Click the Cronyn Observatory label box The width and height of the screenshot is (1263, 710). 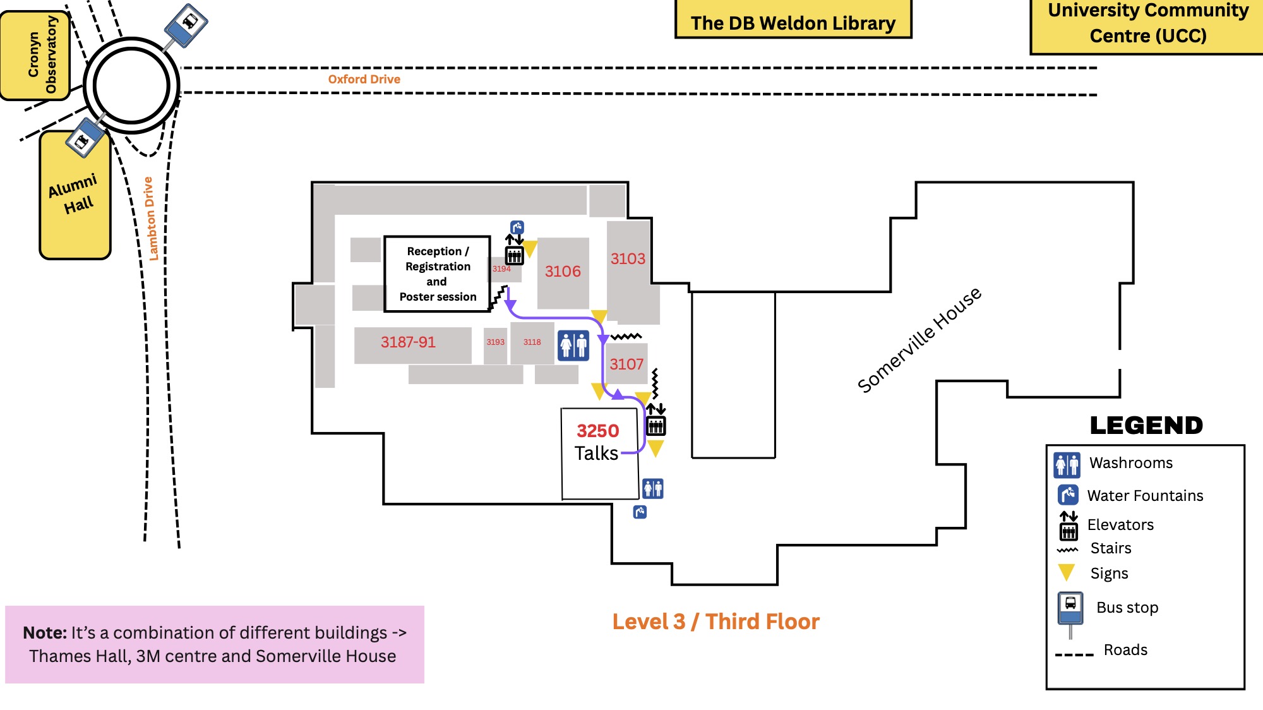point(35,55)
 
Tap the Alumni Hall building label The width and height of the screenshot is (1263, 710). point(75,195)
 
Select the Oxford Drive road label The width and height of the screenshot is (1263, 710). point(364,79)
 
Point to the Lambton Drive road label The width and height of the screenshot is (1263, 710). point(150,219)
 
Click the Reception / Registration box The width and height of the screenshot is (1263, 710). point(438,274)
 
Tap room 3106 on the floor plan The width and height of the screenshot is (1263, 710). point(563,272)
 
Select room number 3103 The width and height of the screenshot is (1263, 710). point(628,259)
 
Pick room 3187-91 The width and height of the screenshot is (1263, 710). point(408,342)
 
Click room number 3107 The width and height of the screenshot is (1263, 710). point(626,364)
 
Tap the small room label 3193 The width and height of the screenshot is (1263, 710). point(495,342)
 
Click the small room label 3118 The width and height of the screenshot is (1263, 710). point(532,342)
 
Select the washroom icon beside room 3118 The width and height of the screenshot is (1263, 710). point(573,346)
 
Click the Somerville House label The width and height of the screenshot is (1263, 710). point(919,340)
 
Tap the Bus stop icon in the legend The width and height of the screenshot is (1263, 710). point(1070,615)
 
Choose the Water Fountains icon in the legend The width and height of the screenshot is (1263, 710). point(1068,494)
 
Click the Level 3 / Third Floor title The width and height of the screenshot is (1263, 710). point(715,622)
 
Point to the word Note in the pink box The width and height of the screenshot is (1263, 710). point(44,633)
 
